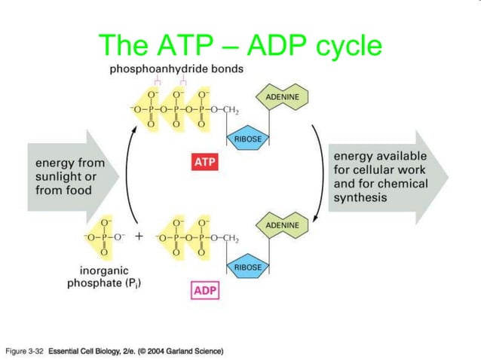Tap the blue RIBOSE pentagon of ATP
point(247,140)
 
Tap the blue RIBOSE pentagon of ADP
point(247,267)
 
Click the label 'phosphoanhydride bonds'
point(176,69)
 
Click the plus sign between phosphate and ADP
point(139,236)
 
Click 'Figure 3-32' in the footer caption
point(26,351)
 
